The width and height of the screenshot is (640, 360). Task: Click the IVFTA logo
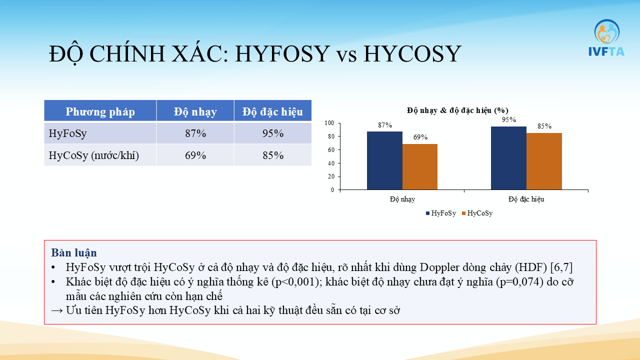point(606,37)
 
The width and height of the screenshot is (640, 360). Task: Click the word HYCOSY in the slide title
point(412,53)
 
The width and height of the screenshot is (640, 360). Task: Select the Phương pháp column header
point(100,111)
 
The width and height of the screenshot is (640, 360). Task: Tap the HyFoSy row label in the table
point(67,133)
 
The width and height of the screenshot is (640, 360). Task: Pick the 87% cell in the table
point(195,133)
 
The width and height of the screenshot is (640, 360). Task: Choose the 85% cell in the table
point(273,155)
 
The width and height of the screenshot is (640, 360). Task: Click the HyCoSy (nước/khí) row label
point(93,155)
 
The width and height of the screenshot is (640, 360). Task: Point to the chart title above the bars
point(457,110)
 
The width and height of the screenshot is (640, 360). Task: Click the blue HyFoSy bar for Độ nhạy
point(384,160)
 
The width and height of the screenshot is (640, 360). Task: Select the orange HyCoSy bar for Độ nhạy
point(420,167)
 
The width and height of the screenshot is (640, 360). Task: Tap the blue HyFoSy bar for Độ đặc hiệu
point(508,158)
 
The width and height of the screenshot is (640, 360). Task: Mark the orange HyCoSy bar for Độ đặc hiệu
point(544,161)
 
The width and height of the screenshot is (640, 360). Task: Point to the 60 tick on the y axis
point(331,149)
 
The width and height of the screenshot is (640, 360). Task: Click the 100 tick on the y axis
point(329,123)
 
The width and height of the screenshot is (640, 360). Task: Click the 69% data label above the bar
point(420,137)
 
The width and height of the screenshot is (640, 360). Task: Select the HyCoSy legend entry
point(477,213)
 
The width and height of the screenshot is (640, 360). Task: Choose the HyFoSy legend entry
point(441,213)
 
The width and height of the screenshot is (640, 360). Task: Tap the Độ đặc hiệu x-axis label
point(526,199)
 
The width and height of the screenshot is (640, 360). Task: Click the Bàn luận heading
point(74,253)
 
